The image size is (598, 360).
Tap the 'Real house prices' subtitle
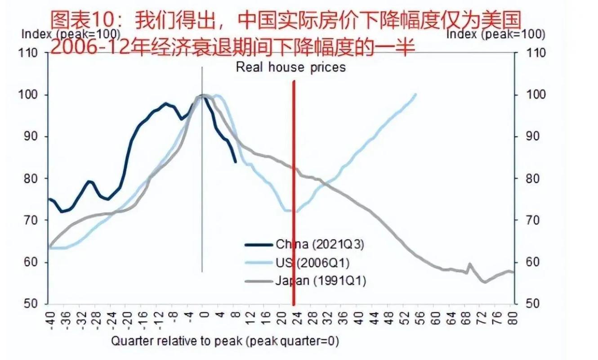pos(291,67)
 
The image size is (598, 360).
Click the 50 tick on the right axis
pos(525,304)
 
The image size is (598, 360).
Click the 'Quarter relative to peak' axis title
pos(224,341)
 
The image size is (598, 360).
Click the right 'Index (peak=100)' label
pos(495,34)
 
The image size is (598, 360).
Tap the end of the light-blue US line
pos(415,94)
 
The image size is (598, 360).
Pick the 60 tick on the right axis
pos(525,262)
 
